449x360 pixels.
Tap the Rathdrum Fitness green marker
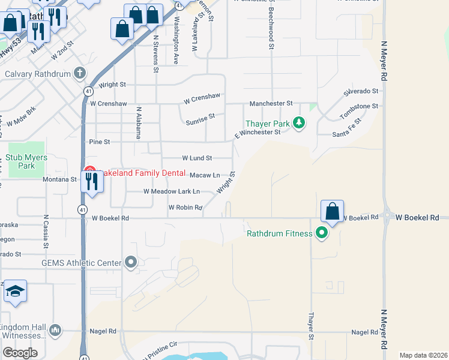tap(322, 233)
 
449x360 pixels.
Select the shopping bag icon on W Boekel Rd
tap(332, 212)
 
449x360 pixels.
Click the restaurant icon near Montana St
tap(92, 181)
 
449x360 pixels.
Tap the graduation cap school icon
tap(15, 292)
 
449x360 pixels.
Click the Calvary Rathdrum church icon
tap(80, 74)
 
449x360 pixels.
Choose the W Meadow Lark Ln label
tap(172, 191)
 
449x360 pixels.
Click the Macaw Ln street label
tap(205, 175)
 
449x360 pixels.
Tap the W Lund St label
tap(197, 158)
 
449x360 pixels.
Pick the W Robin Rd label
tap(185, 208)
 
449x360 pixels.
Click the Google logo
tap(20, 353)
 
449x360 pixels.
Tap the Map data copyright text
tap(423, 355)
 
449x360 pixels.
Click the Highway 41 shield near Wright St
tap(88, 91)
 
